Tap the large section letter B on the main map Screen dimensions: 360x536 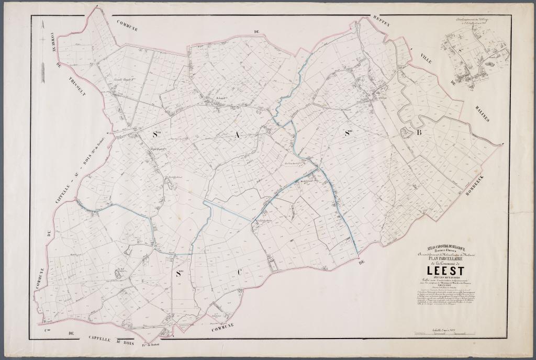[418, 133]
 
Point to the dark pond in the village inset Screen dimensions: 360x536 [489, 63]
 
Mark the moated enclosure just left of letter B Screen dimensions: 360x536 [405, 132]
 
